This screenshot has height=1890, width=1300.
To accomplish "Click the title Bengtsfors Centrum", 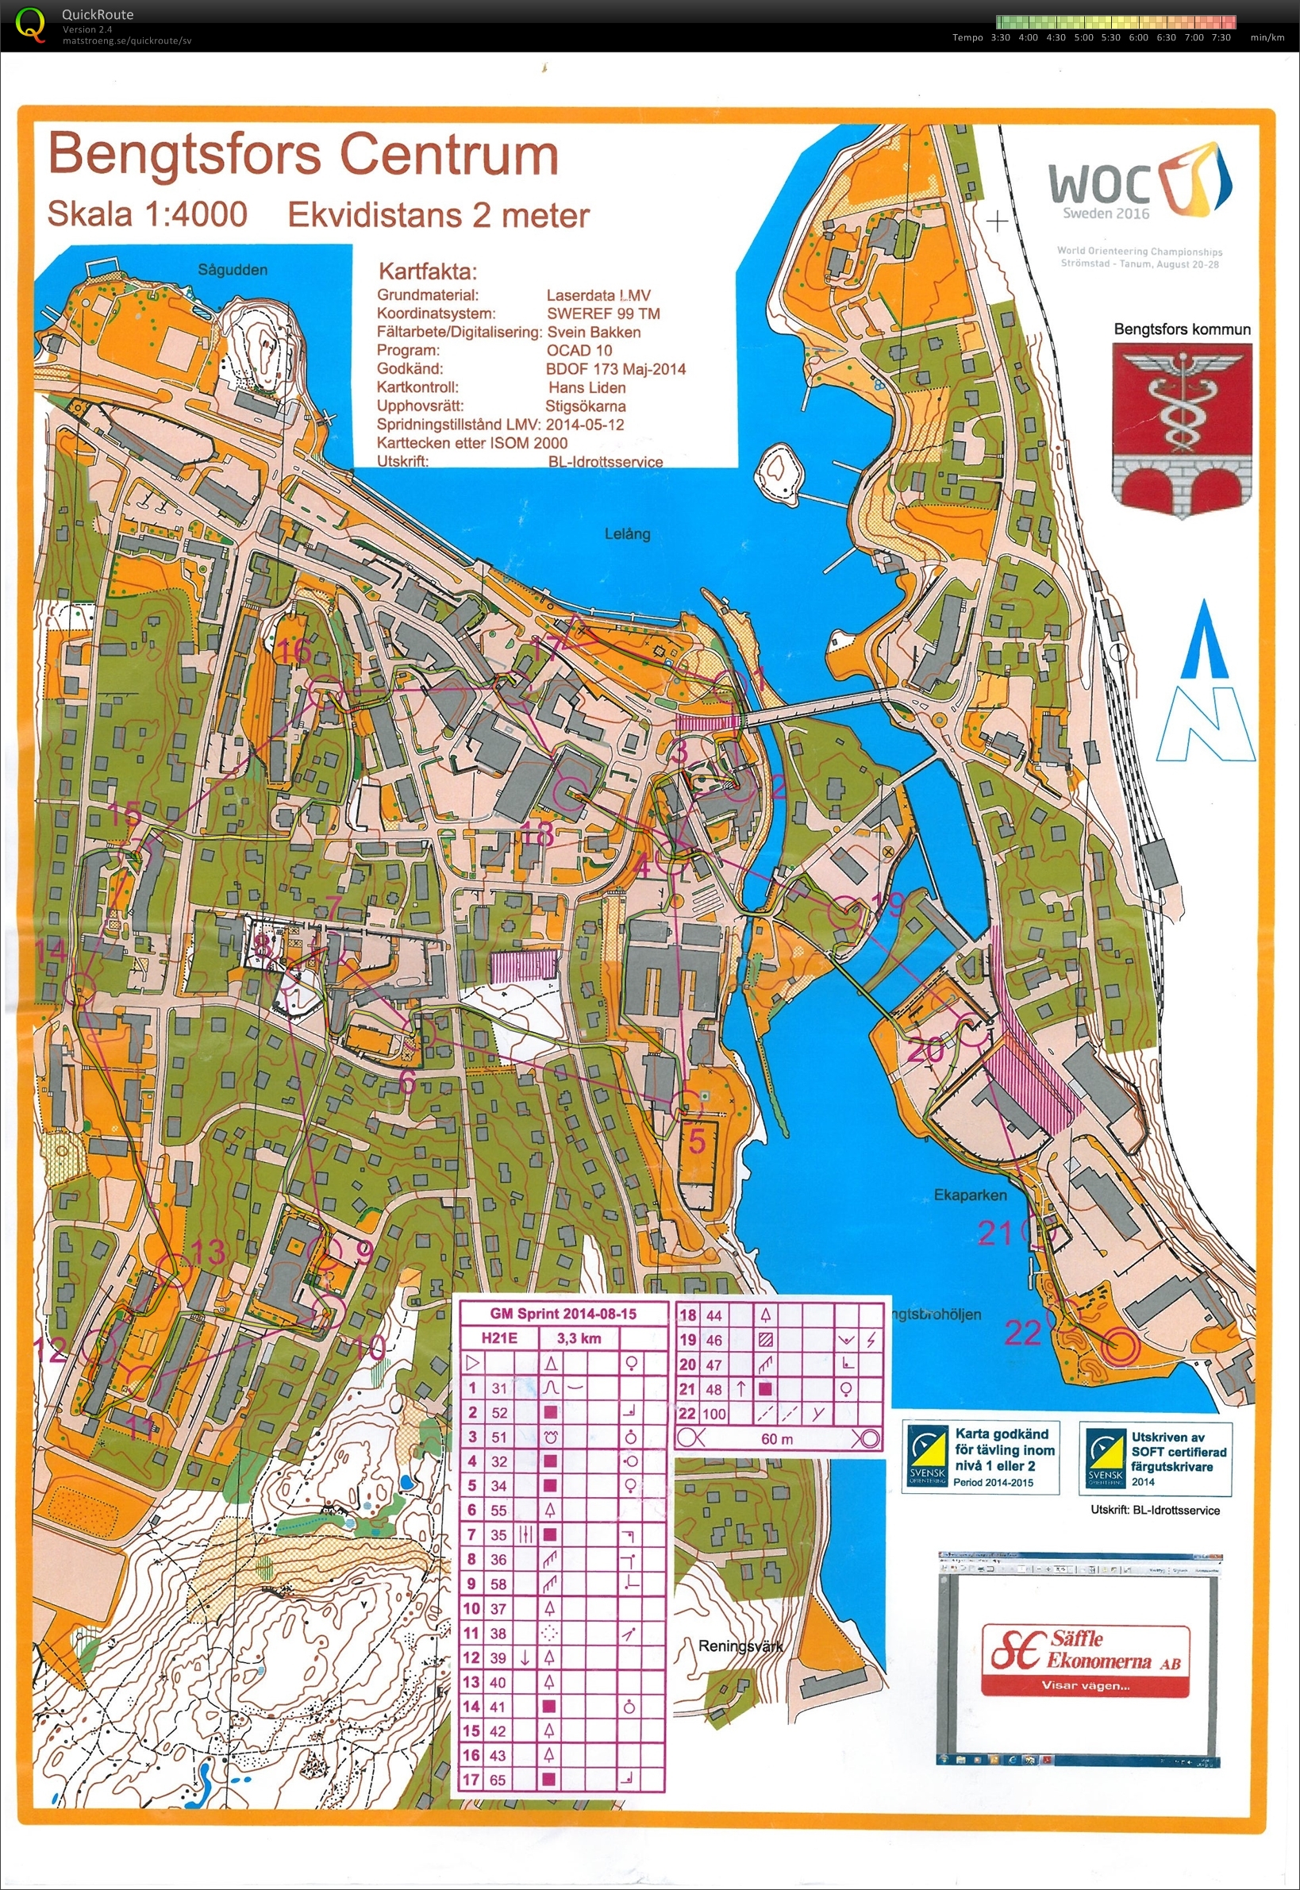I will coord(303,154).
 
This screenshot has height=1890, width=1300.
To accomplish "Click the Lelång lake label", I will coord(626,533).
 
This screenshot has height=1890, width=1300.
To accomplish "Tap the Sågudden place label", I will coord(232,270).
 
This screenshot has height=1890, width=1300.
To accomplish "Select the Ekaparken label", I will coord(969,1195).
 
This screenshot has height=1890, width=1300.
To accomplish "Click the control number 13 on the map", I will coord(210,1251).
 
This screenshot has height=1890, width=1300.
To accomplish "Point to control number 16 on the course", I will coord(294,651).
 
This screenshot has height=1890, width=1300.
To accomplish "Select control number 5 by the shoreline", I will coord(697,1141).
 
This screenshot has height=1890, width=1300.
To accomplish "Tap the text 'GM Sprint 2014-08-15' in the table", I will coord(563,1313).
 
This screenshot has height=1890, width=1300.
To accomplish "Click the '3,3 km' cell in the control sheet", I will coord(579,1338).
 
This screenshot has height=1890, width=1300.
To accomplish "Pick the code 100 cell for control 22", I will coord(713,1415).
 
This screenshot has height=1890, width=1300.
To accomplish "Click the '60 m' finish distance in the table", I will coord(776,1438).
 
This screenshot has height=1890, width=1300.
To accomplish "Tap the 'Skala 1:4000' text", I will coord(148,214).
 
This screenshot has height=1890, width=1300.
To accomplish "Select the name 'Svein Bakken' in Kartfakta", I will coord(593,333).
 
